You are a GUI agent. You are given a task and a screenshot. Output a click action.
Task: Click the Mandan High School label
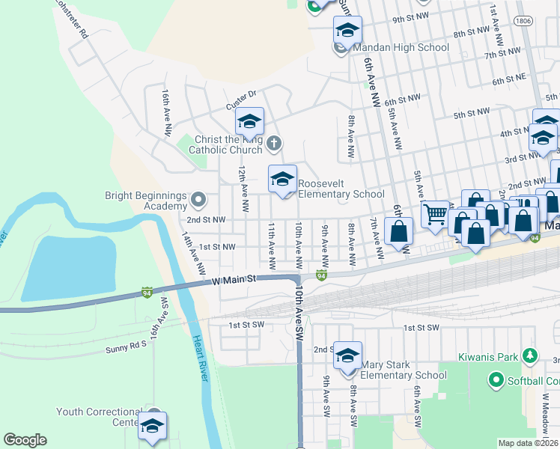click(x=401, y=48)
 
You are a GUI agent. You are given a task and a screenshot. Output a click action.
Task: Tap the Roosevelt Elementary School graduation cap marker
click(x=282, y=179)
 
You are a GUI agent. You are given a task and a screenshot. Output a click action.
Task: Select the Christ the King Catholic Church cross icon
click(x=275, y=142)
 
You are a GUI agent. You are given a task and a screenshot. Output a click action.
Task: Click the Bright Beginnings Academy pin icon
click(x=198, y=200)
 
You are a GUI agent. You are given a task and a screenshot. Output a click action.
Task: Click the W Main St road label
click(x=234, y=279)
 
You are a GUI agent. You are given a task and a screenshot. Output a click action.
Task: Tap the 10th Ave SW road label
click(x=299, y=314)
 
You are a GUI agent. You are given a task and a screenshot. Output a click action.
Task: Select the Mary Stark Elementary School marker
click(x=347, y=355)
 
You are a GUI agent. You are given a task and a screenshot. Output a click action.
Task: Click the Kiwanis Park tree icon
click(x=530, y=355)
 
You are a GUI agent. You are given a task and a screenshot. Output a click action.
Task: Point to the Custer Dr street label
click(x=242, y=95)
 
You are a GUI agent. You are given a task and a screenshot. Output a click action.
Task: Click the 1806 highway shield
click(x=524, y=22)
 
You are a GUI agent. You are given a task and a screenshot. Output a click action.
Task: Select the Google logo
click(x=25, y=440)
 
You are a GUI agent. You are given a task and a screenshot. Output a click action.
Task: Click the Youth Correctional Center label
click(x=99, y=417)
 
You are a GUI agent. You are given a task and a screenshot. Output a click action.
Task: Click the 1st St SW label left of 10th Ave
click(x=247, y=325)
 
